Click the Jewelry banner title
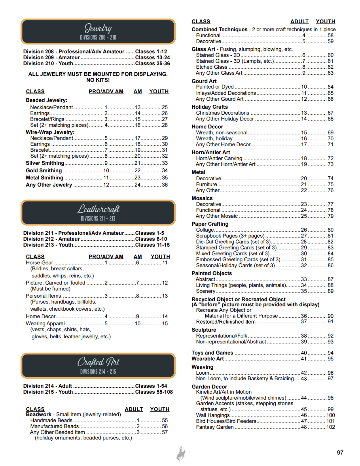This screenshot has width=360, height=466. [98, 28]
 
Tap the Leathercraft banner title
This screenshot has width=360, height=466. [98, 209]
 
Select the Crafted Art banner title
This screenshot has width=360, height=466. [98, 362]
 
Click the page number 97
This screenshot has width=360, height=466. [340, 453]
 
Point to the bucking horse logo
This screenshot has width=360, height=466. [181, 454]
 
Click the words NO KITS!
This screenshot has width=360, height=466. [98, 80]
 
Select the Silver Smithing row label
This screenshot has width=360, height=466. [45, 163]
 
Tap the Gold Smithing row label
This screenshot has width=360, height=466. [44, 170]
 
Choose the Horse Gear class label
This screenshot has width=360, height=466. [39, 262]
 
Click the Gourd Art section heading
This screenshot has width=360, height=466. [204, 81]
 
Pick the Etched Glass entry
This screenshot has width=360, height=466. [212, 67]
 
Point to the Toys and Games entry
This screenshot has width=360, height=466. [212, 353]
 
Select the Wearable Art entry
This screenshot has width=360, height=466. [207, 358]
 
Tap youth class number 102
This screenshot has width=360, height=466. [330, 427]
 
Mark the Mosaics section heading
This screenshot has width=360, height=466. [202, 198]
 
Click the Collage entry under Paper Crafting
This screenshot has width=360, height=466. [205, 230]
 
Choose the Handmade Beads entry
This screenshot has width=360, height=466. [51, 420]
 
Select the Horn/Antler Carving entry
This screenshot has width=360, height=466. [219, 158]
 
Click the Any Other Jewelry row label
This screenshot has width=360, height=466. [49, 185]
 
